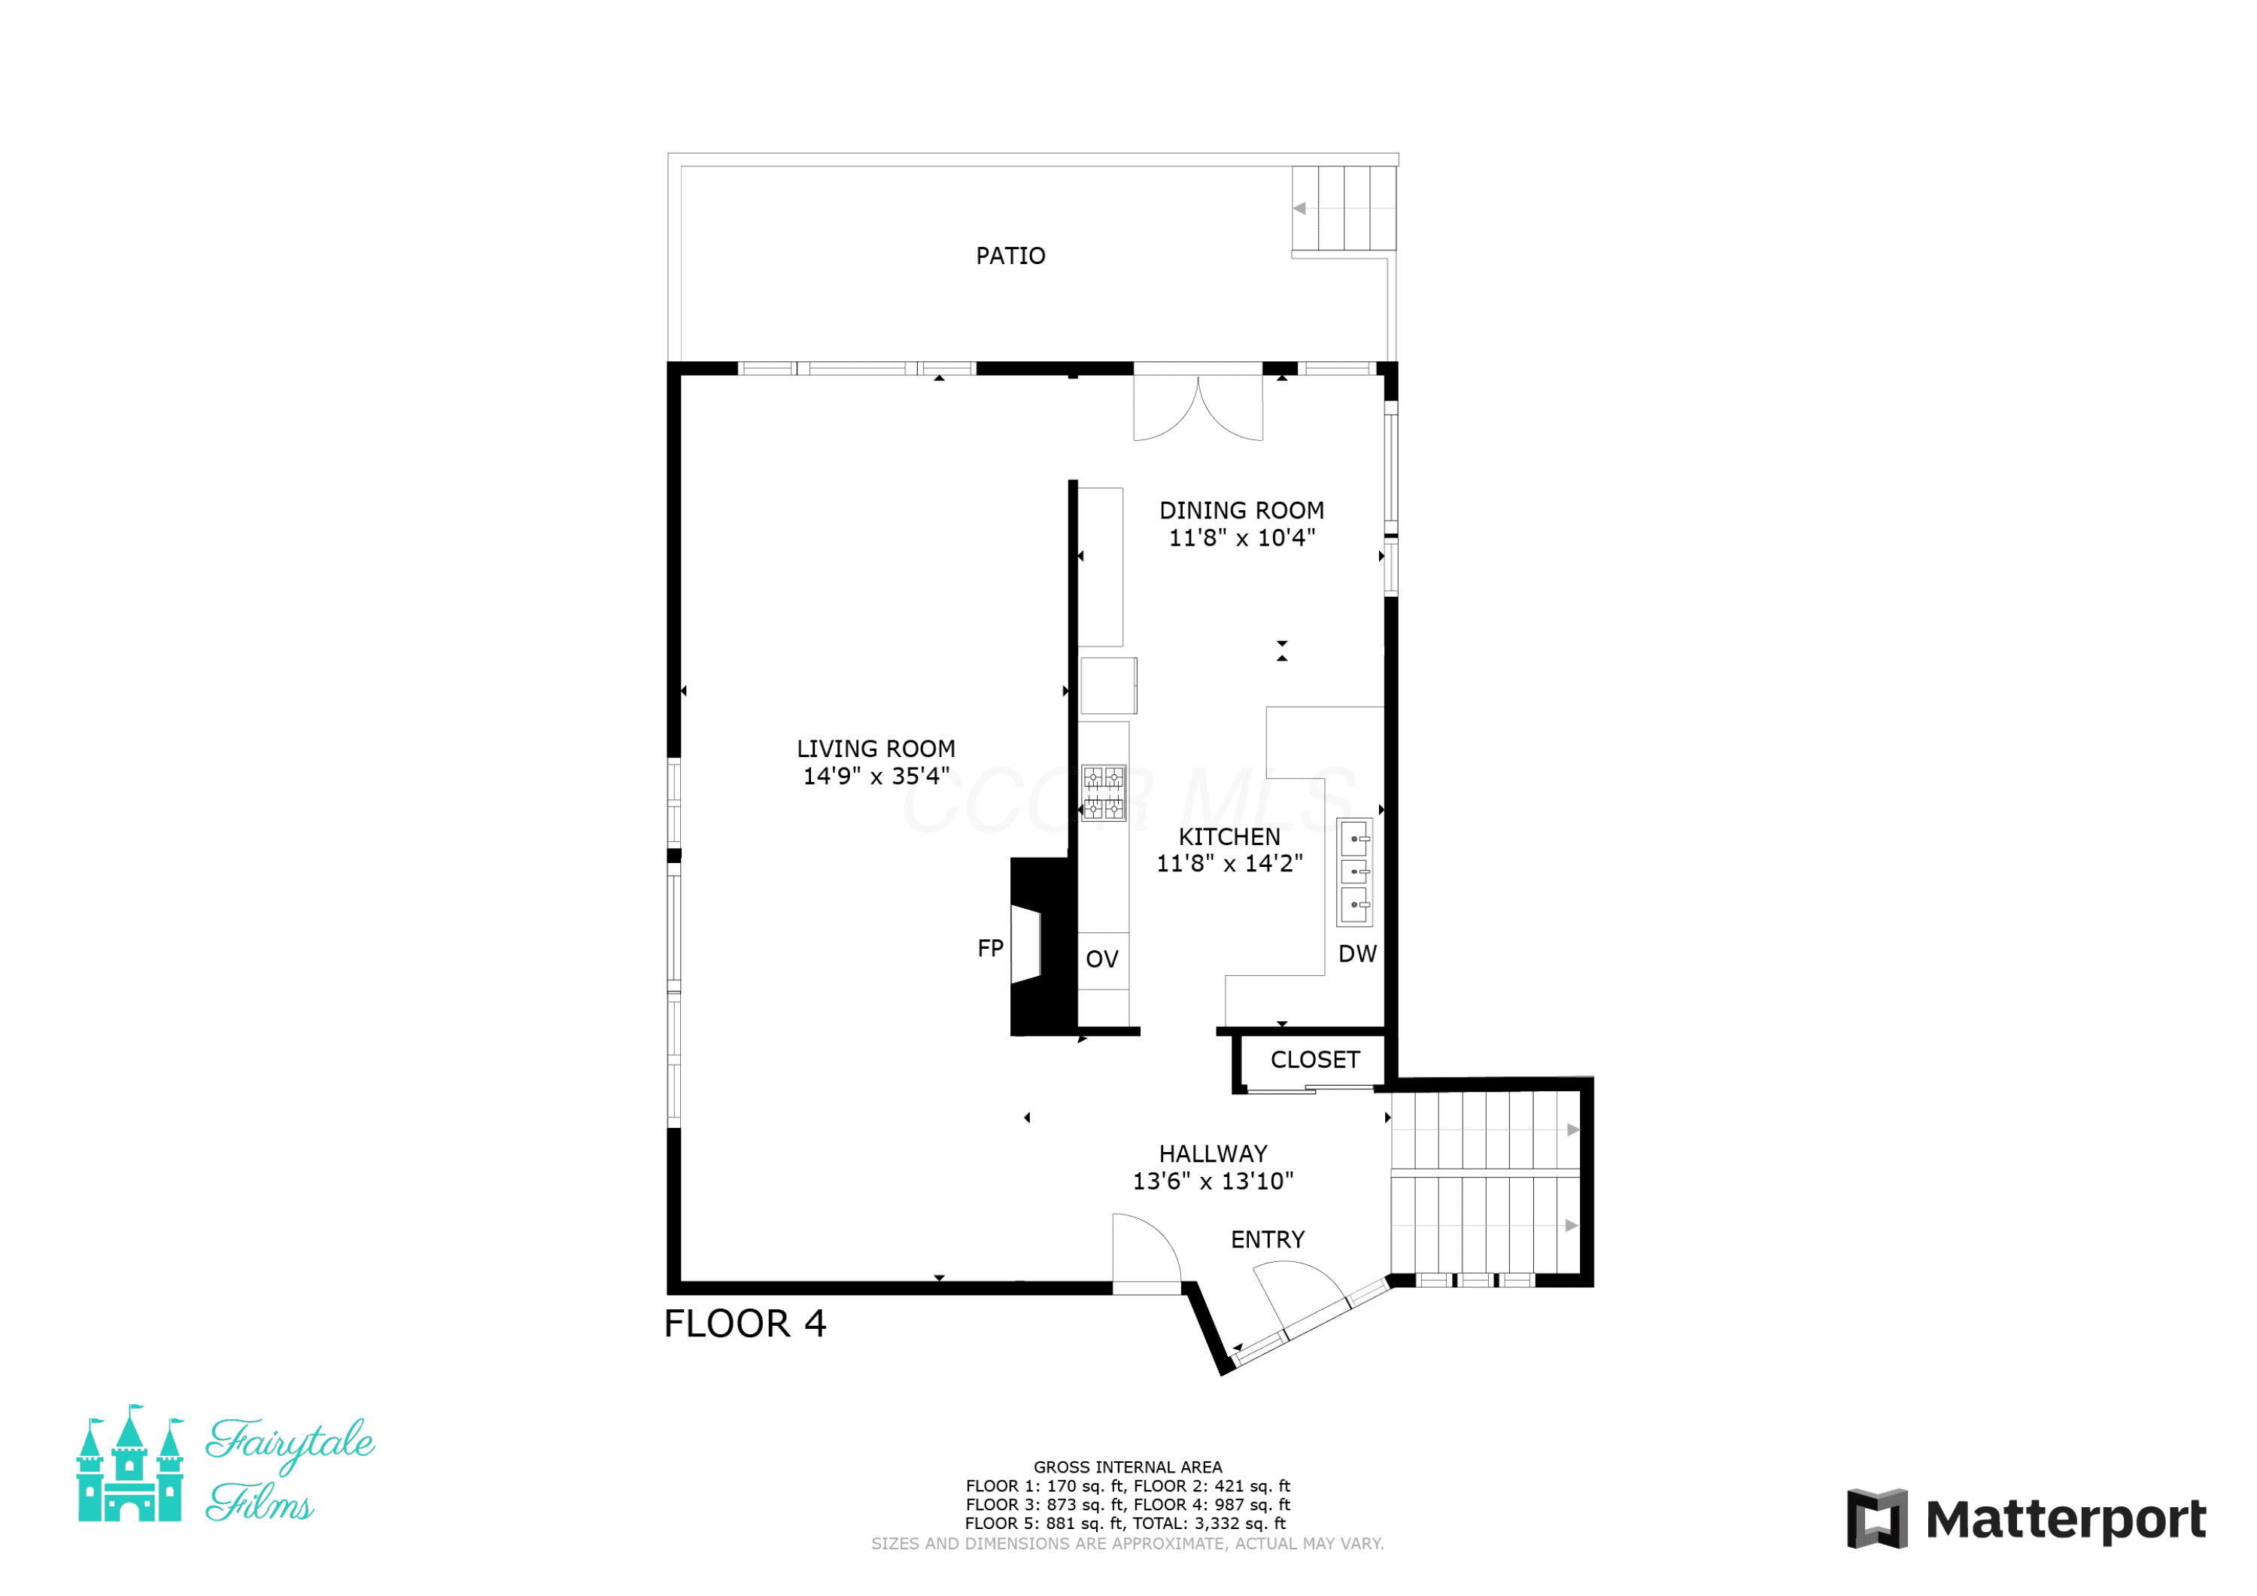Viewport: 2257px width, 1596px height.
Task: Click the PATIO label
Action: tap(1010, 256)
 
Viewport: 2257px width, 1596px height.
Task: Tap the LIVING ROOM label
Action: tap(876, 749)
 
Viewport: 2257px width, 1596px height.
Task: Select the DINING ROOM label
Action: tap(1241, 510)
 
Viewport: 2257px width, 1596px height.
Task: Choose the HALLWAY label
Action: tap(1213, 1154)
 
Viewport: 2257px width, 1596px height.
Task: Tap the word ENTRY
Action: tap(1268, 1239)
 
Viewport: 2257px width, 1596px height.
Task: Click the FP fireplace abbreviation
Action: tap(990, 948)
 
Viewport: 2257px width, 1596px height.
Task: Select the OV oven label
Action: tap(1102, 959)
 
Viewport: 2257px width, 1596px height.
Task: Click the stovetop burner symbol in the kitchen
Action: tap(1103, 792)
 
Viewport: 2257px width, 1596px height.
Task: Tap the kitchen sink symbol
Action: tap(1355, 871)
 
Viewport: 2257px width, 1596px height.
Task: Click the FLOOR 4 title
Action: tap(745, 1324)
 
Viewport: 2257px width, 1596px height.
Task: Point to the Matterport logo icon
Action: tap(1878, 1518)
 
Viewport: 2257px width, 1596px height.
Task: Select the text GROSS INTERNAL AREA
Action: tap(1128, 1467)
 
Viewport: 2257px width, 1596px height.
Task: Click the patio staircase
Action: tap(1344, 208)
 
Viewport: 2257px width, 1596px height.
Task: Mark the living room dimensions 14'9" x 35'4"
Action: tap(876, 776)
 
